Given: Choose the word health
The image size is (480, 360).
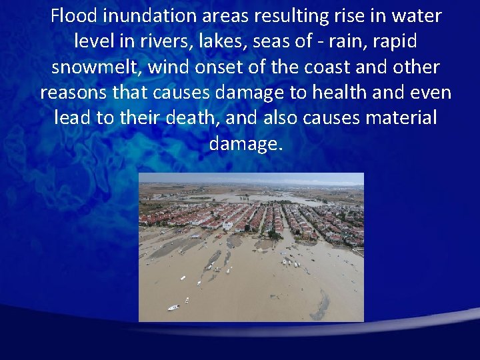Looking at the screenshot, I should click(x=338, y=93).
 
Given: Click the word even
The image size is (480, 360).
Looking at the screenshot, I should click(x=432, y=93).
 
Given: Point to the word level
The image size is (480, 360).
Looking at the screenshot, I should click(x=91, y=41).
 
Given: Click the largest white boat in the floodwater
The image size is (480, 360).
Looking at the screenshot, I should click(x=173, y=307).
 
